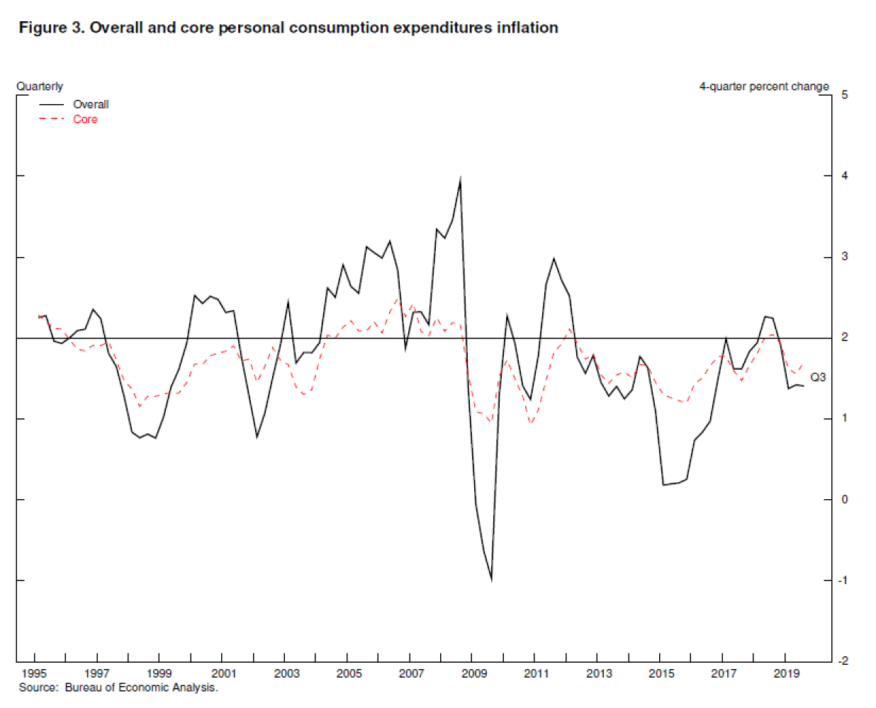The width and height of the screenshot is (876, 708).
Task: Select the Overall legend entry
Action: tap(90, 104)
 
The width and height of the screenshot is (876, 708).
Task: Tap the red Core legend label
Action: tap(85, 119)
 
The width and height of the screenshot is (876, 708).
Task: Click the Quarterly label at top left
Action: tap(40, 86)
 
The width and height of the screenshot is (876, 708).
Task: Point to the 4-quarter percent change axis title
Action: tap(763, 86)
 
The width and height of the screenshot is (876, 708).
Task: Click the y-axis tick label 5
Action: tap(844, 95)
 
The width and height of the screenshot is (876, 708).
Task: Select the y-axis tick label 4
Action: tap(844, 176)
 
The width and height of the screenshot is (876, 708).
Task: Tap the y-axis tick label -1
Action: tap(843, 580)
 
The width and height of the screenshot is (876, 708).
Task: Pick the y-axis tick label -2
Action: tap(843, 661)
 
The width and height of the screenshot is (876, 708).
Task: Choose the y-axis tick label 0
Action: tap(844, 499)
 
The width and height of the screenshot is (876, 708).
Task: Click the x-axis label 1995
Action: tap(34, 673)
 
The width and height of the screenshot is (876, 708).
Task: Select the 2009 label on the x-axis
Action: tap(473, 673)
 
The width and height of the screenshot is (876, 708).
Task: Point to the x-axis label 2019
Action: tap(786, 673)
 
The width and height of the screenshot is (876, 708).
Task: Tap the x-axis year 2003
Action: tap(286, 673)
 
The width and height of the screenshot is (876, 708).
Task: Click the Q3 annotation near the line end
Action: tap(818, 377)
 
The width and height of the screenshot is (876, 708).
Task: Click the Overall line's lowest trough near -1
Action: tap(491, 579)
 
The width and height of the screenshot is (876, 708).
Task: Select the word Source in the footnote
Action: tap(38, 687)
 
